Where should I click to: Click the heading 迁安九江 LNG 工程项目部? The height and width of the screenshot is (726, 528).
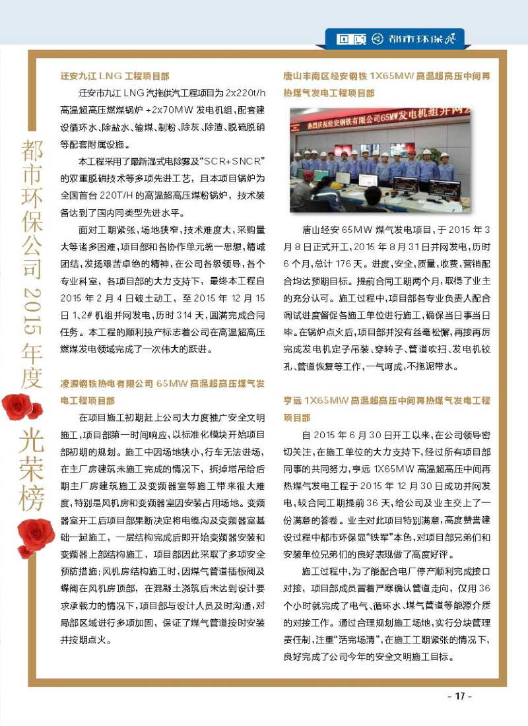pyautogui.click(x=115, y=76)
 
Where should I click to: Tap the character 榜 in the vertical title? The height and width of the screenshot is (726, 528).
pyautogui.click(x=31, y=494)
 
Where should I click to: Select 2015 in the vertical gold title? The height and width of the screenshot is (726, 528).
pyautogui.click(x=31, y=310)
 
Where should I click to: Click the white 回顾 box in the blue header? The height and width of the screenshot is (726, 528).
pyautogui.click(x=346, y=38)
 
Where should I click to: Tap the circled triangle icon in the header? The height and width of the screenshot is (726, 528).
pyautogui.click(x=378, y=38)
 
